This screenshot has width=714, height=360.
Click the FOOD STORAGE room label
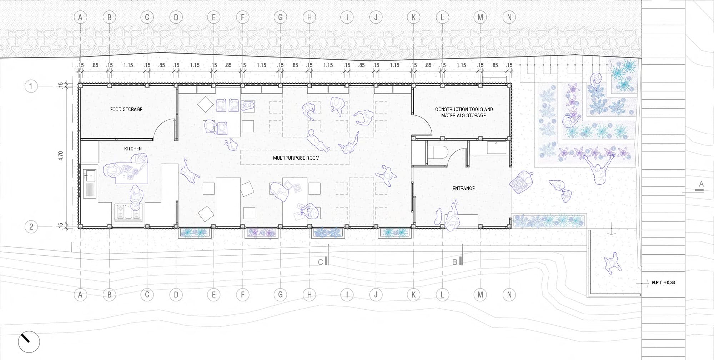(126, 109)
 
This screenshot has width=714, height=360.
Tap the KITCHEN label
(133, 149)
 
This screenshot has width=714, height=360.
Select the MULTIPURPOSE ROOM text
(296, 158)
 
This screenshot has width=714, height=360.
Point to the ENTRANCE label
(463, 188)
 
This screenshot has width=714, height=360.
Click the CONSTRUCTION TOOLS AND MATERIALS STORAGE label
(464, 112)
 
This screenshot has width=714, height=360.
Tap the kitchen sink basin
(90, 175)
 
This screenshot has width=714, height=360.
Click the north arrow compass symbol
(29, 342)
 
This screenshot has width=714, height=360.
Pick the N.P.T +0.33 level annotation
(663, 282)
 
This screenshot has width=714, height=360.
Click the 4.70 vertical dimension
(60, 156)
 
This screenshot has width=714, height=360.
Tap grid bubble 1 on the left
(31, 86)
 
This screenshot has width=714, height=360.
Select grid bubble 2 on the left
(31, 227)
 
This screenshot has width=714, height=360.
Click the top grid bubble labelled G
(280, 17)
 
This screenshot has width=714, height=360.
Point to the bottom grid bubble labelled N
(509, 295)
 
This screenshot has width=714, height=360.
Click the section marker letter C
(321, 262)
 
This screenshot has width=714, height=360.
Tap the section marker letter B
(455, 262)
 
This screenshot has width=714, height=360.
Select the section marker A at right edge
(701, 184)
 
